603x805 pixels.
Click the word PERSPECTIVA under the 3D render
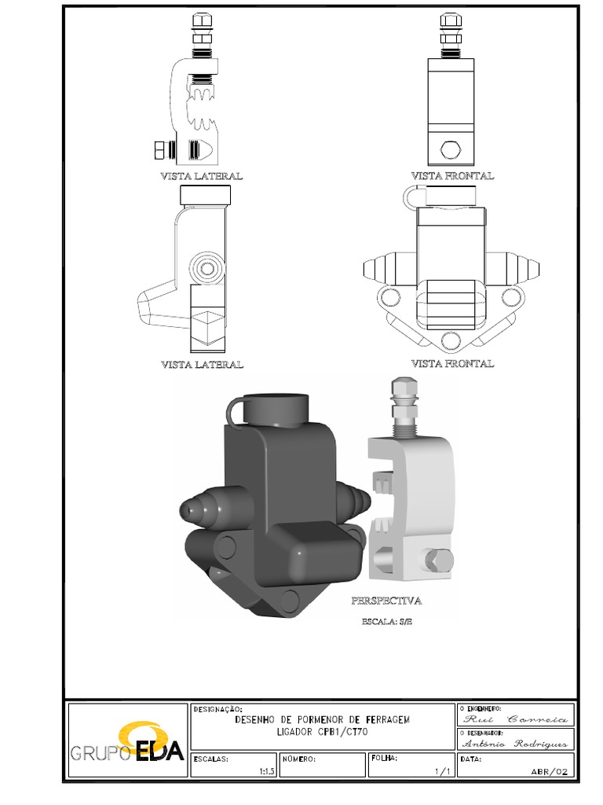point(386,601)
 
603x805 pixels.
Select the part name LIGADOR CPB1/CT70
point(322,731)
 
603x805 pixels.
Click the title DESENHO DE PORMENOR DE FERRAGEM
point(322,719)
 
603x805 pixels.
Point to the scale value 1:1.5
point(266,772)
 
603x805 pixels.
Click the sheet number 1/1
point(441,772)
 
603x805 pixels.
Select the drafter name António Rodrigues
point(514,743)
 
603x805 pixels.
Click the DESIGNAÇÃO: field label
point(213,708)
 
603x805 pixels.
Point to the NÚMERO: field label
point(299,759)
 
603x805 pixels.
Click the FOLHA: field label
point(384,759)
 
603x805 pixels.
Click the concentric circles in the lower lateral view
point(208,269)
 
